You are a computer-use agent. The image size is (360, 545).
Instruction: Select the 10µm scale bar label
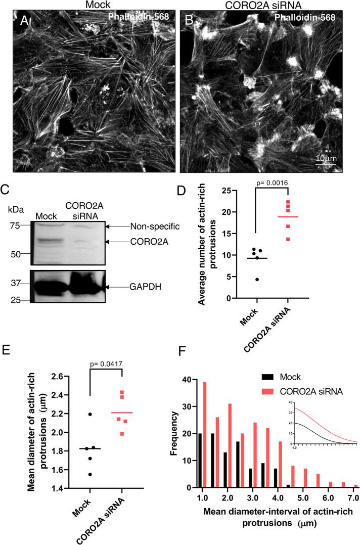[x=326, y=158]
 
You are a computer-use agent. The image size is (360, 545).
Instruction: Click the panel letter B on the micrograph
[x=190, y=21]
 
